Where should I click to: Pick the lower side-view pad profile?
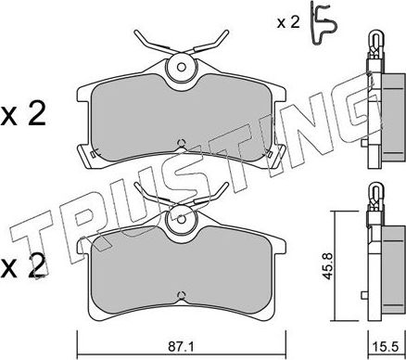[x=375, y=260]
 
